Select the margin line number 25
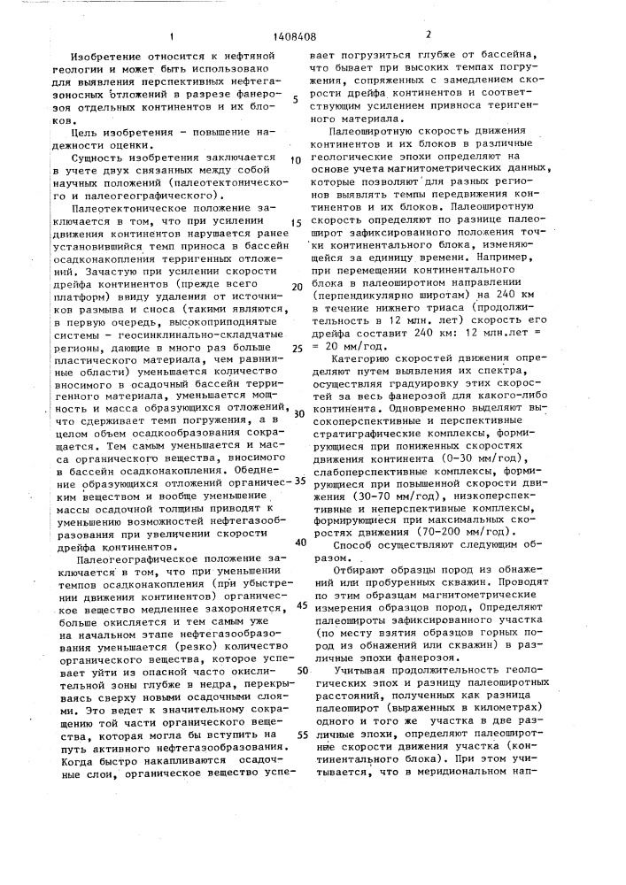pyautogui.click(x=295, y=349)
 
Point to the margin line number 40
pyautogui.click(x=298, y=541)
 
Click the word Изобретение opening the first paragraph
pyautogui.click(x=102, y=55)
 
